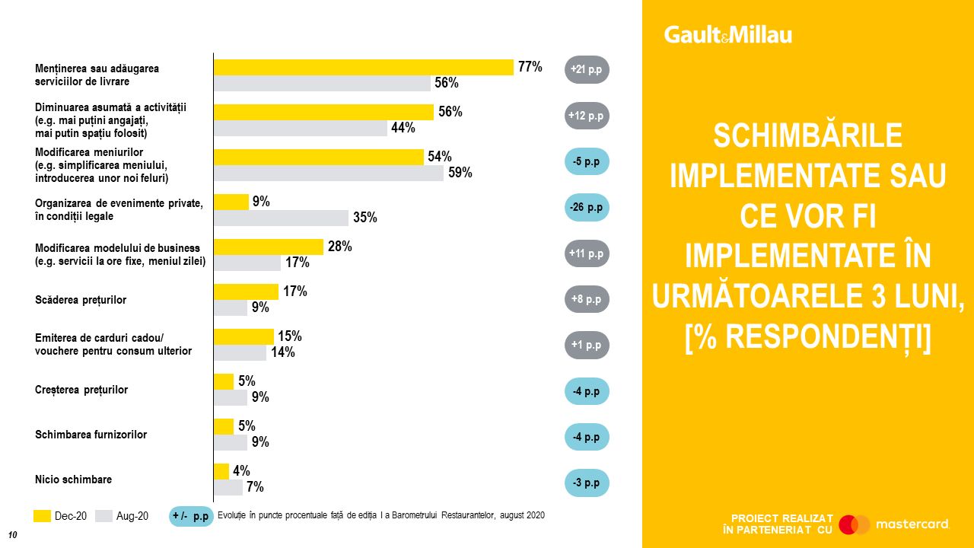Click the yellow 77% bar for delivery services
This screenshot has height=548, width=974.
pyautogui.click(x=363, y=67)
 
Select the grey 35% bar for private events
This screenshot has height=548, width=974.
pyautogui.click(x=281, y=218)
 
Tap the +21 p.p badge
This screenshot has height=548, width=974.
pyautogui.click(x=586, y=70)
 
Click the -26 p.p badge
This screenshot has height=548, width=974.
pyautogui.click(x=586, y=207)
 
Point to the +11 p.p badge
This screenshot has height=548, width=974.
pyautogui.click(x=586, y=253)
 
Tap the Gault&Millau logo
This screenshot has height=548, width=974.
pyautogui.click(x=727, y=35)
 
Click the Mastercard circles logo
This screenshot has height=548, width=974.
pyautogui.click(x=855, y=524)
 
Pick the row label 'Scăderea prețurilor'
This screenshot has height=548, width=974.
pyautogui.click(x=81, y=300)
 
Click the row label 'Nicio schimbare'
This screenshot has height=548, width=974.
pyautogui.click(x=73, y=479)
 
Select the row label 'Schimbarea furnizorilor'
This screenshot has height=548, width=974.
pyautogui.click(x=91, y=435)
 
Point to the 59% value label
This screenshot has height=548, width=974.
pyautogui.click(x=460, y=173)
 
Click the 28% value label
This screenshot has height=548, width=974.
pyautogui.click(x=339, y=247)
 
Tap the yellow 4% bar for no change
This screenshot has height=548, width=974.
pyautogui.click(x=221, y=471)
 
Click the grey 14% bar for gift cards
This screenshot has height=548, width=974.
pyautogui.click(x=240, y=352)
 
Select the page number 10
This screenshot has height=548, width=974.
pyautogui.click(x=12, y=534)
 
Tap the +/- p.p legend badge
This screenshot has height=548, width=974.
pyautogui.click(x=190, y=516)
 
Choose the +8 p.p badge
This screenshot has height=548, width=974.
pyautogui.click(x=586, y=299)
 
